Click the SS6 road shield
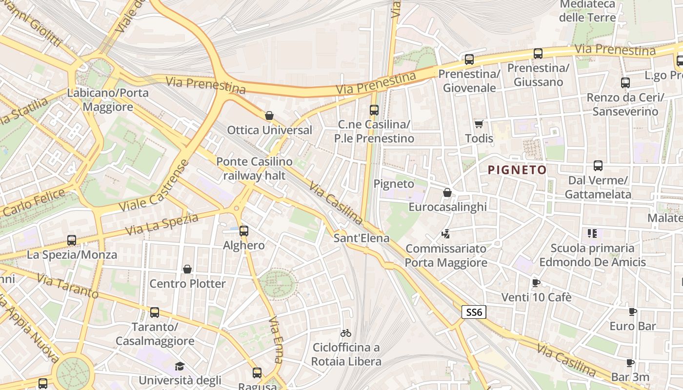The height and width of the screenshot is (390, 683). click(x=474, y=312)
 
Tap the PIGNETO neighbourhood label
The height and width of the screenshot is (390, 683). click(x=517, y=170)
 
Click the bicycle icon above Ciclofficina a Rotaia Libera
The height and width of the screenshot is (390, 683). click(x=346, y=333)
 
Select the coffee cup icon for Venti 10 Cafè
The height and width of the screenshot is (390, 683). click(x=536, y=283)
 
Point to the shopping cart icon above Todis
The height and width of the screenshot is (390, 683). click(x=479, y=124)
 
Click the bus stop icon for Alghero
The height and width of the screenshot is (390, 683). click(x=244, y=231)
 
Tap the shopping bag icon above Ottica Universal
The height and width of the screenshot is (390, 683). click(x=269, y=116)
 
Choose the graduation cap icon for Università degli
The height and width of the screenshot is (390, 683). click(x=180, y=366)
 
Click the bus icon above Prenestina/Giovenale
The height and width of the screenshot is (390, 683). click(x=469, y=59)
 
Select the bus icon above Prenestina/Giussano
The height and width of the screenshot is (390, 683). click(x=538, y=54)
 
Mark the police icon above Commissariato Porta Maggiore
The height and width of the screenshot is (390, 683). click(x=445, y=234)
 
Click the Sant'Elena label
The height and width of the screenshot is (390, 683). click(x=362, y=238)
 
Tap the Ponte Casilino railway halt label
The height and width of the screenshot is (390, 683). click(x=254, y=168)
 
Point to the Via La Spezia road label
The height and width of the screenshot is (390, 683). click(x=162, y=224)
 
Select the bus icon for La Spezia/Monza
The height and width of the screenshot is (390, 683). click(x=72, y=240)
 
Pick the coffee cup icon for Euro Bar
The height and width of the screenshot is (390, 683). click(x=632, y=312)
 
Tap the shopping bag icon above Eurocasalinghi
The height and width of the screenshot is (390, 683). click(x=447, y=193)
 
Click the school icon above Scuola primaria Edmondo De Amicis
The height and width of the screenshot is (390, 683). click(x=592, y=234)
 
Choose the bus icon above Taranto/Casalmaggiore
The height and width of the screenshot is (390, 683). click(x=155, y=312)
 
